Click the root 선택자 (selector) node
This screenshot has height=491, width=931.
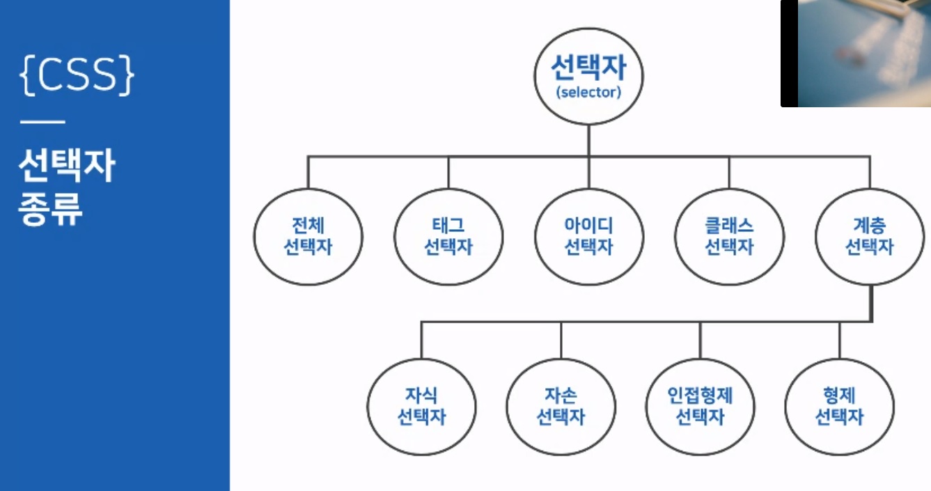[x=588, y=76]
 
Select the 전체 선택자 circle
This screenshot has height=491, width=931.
[x=308, y=237]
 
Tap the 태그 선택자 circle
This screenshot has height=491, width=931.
[x=448, y=237]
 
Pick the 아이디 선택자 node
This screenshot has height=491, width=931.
[x=588, y=237]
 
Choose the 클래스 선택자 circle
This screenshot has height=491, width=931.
[x=729, y=237]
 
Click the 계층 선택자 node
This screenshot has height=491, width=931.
[x=870, y=237]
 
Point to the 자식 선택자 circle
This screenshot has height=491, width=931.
[x=421, y=407]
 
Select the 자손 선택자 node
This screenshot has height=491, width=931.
[x=561, y=407]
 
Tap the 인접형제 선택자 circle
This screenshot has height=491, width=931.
[x=700, y=407]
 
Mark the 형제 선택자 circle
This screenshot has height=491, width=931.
[x=839, y=407]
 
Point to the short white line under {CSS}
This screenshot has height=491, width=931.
[x=42, y=123]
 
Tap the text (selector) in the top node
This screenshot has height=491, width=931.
[x=588, y=93]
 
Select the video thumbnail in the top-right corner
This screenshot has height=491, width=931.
[x=856, y=53]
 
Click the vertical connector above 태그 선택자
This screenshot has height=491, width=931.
[x=448, y=172]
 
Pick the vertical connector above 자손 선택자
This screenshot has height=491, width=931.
[x=561, y=339]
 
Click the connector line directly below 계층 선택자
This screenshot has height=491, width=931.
[x=870, y=303]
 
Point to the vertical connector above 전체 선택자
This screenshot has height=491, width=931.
[x=308, y=172]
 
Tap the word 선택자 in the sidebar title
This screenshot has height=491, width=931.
[x=67, y=168]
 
